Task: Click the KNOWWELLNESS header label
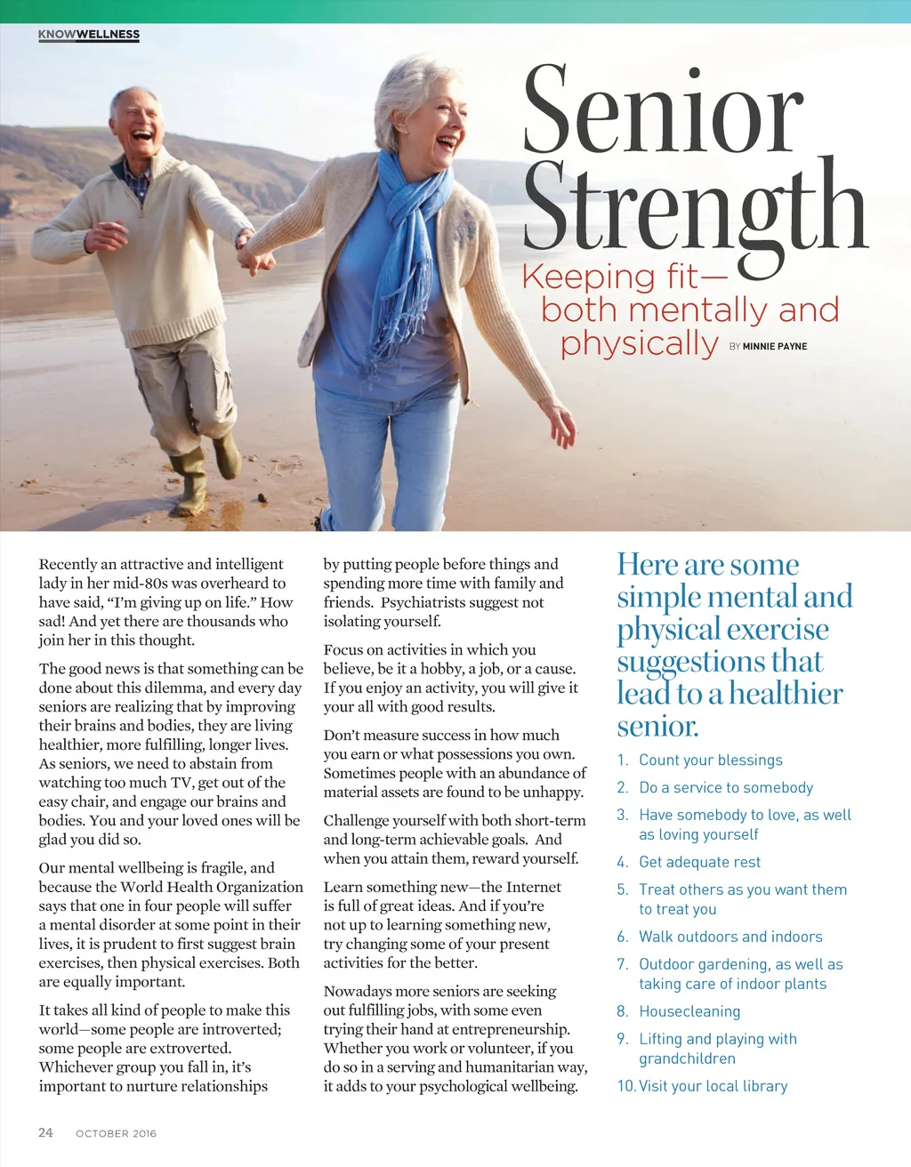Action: click(x=89, y=35)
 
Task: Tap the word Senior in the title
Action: click(x=663, y=111)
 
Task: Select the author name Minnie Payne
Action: click(x=775, y=346)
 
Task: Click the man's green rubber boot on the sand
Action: click(x=190, y=485)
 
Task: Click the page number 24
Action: click(x=45, y=1132)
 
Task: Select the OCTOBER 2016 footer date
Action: click(x=116, y=1133)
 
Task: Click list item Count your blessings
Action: click(x=710, y=760)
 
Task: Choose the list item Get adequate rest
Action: click(x=699, y=862)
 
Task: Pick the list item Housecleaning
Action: click(x=689, y=1011)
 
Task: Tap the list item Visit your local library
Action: click(x=713, y=1086)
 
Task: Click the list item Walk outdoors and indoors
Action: click(x=730, y=937)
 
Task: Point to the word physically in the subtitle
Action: click(x=639, y=343)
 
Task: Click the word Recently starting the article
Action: click(x=68, y=564)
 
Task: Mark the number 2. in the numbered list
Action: click(x=623, y=787)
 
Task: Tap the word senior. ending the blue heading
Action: click(x=657, y=726)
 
